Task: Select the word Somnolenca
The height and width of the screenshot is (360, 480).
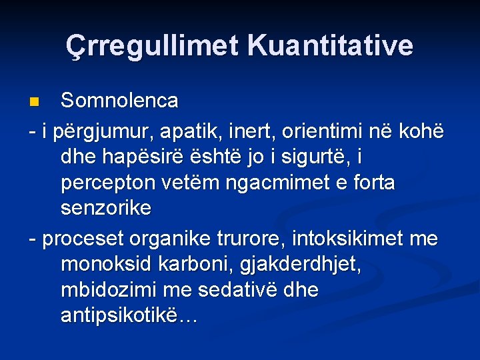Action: [119, 101]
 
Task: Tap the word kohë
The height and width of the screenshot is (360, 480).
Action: [422, 131]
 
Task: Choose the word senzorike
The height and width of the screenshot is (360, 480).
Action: [105, 208]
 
